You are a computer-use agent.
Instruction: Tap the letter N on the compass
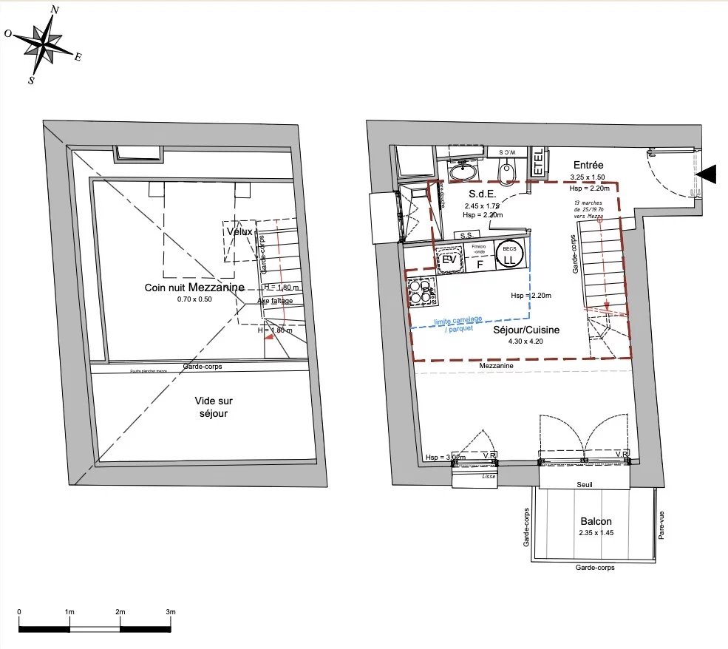[x=55, y=10]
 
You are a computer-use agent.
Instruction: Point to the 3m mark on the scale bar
[x=171, y=612]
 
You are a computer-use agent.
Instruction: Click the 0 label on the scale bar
[x=19, y=612]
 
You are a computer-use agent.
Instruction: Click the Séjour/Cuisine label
[x=526, y=330]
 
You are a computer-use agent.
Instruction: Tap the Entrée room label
[x=588, y=166]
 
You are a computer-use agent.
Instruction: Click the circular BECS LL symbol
[x=508, y=255]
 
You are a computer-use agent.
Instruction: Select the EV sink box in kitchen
[x=449, y=259]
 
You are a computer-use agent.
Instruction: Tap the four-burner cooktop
[x=422, y=289]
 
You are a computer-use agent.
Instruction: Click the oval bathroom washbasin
[x=463, y=172]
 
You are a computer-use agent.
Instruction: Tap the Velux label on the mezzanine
[x=239, y=231]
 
